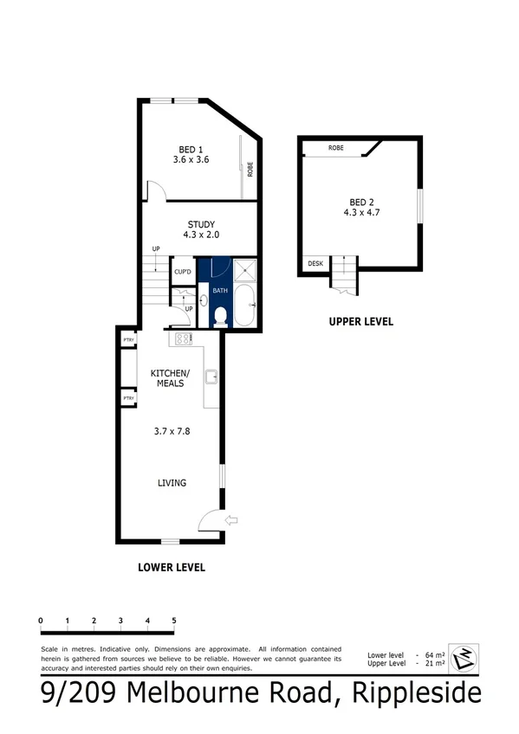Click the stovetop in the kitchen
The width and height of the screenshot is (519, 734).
[183, 339]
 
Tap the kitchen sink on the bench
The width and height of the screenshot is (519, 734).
[211, 376]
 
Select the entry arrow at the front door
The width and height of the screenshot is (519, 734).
[231, 520]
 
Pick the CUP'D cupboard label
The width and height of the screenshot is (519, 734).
[182, 273]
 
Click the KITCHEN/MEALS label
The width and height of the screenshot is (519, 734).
[170, 377]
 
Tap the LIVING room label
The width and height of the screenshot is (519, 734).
[172, 483]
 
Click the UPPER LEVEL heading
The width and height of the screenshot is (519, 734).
[360, 321]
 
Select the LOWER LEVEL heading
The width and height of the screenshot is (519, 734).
[172, 568]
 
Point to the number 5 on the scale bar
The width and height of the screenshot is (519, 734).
[174, 620]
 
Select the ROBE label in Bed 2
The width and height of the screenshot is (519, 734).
[335, 148]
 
